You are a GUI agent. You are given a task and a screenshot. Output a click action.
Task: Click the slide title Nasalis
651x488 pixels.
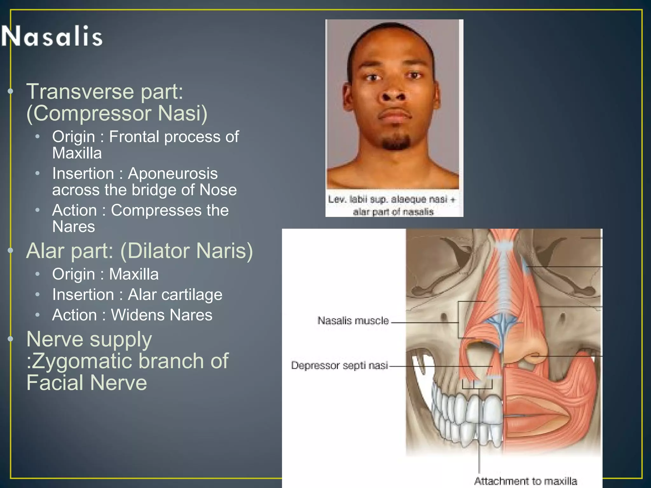point(52,36)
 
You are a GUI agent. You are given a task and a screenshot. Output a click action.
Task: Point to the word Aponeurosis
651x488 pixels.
point(173,174)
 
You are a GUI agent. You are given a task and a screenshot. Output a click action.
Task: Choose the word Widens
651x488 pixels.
point(137,315)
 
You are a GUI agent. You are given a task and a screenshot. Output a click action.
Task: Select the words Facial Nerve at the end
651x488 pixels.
point(86,383)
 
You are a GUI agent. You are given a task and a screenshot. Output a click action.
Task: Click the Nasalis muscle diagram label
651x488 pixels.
point(353,321)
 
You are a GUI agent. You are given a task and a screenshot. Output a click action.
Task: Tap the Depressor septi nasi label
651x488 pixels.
point(339,365)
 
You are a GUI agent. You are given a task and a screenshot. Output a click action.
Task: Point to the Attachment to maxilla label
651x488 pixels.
point(525,481)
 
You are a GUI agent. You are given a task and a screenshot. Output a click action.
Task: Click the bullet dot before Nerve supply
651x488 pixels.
point(10,339)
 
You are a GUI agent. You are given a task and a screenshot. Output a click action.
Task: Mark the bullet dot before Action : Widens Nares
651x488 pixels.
point(38,315)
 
